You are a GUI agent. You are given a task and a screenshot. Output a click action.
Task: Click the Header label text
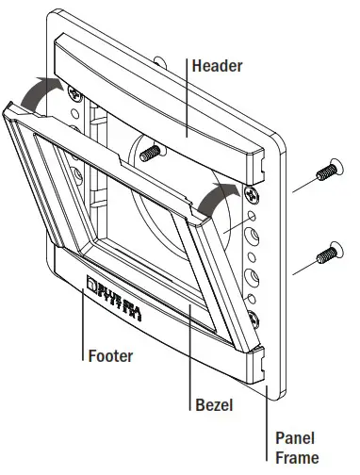[219, 67]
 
